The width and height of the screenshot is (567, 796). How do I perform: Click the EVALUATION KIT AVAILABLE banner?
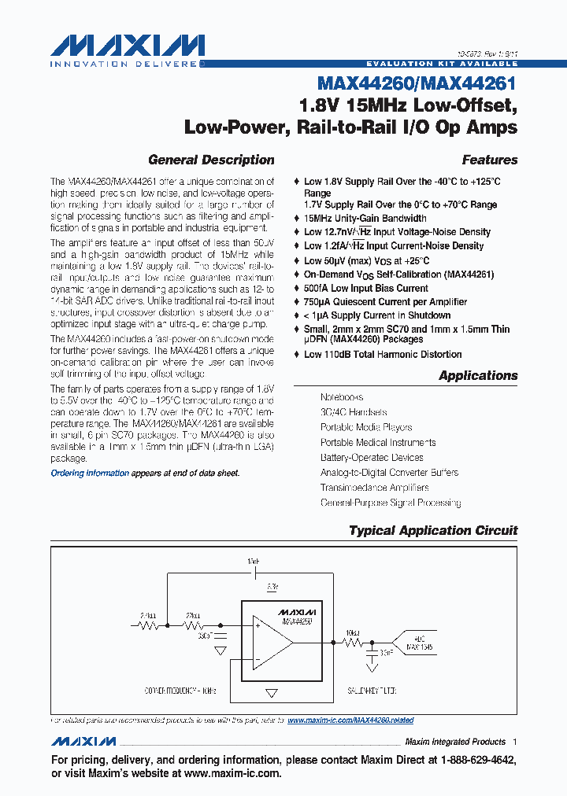442,63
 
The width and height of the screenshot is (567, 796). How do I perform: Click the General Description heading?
211,160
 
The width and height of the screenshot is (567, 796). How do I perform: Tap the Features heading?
489,160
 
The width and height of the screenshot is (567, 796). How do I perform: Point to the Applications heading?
478,375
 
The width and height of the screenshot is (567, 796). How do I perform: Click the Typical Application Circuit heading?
433,530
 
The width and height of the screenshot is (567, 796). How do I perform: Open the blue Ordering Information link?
90,473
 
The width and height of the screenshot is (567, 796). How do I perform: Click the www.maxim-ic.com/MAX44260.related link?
350,720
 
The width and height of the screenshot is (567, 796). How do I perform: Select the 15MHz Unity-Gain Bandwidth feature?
365,218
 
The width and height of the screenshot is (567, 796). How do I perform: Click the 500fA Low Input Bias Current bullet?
365,288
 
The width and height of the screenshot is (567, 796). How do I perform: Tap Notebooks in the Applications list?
341,397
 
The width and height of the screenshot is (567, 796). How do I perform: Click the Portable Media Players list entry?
365,427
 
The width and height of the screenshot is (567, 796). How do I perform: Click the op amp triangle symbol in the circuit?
271,641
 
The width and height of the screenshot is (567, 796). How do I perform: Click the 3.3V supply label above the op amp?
272,587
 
